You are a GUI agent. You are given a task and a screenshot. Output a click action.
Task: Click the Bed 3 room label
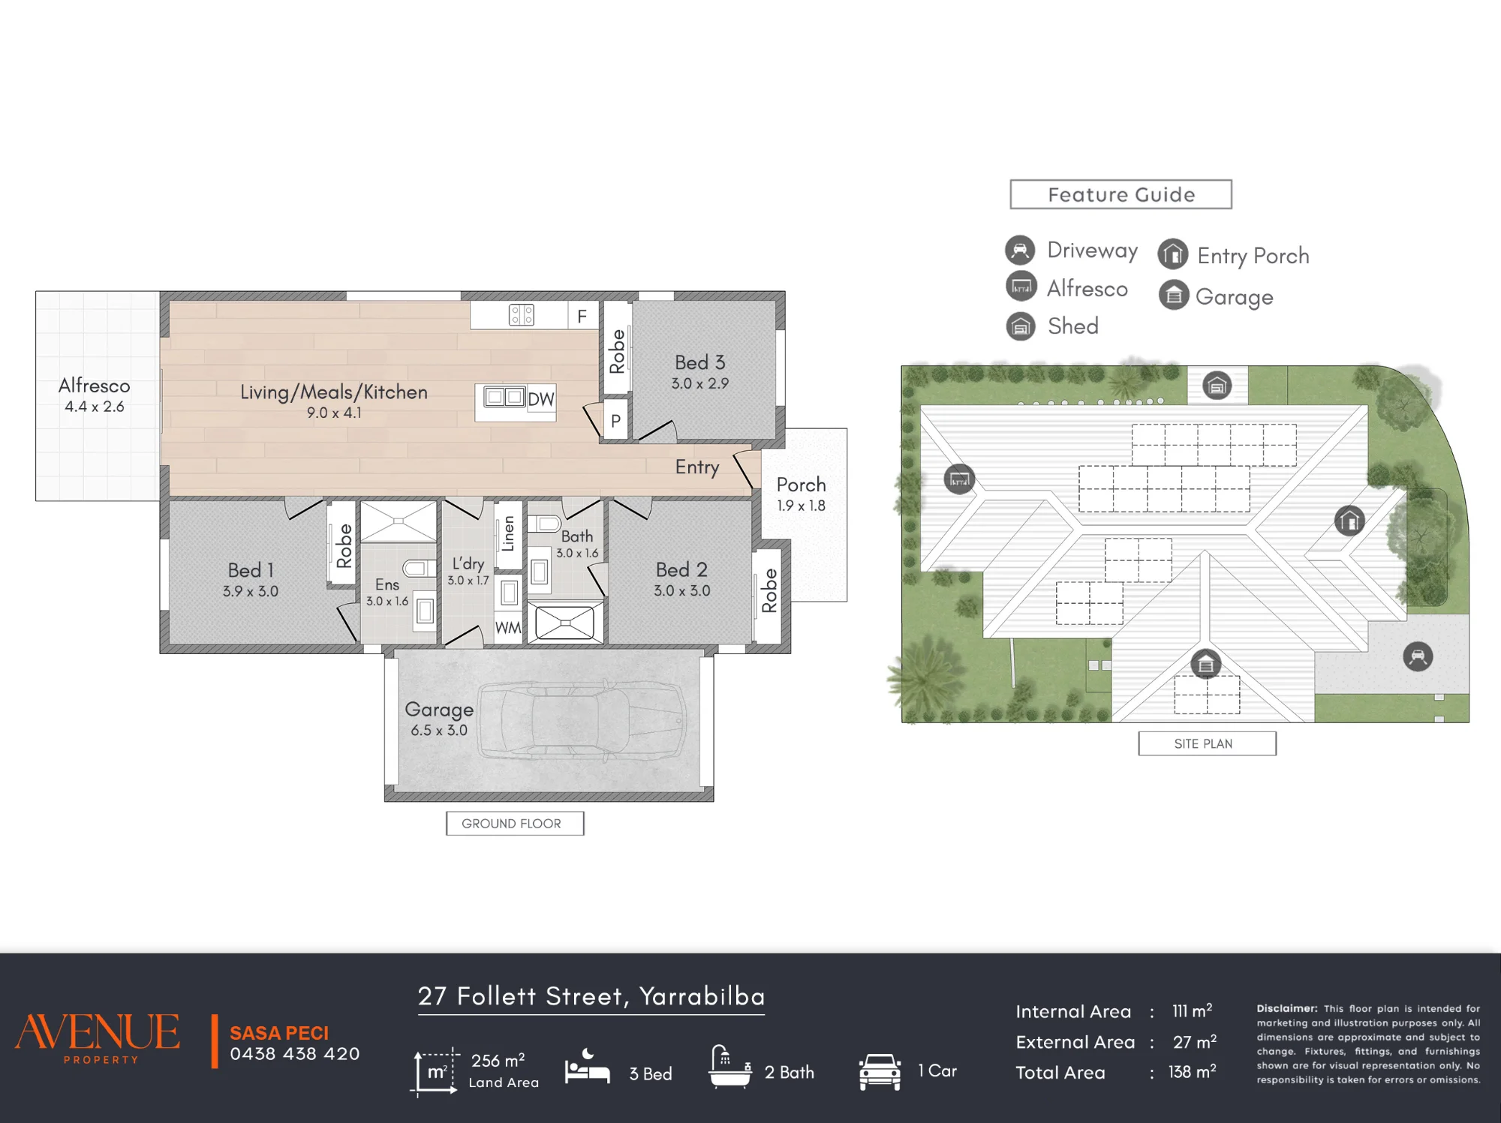pyautogui.click(x=699, y=362)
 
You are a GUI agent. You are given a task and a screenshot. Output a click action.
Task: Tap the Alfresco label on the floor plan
pyautogui.click(x=94, y=386)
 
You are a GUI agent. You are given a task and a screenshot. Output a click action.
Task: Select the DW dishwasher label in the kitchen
pyautogui.click(x=540, y=399)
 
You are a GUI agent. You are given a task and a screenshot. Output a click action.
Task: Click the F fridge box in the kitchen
pyautogui.click(x=582, y=317)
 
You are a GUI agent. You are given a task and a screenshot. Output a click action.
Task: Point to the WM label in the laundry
pyautogui.click(x=508, y=628)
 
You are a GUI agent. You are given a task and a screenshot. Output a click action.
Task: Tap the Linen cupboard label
pyautogui.click(x=508, y=533)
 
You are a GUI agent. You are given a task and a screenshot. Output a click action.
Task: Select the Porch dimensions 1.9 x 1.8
pyautogui.click(x=801, y=506)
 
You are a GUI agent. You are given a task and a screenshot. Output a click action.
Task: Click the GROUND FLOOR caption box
pyautogui.click(x=515, y=823)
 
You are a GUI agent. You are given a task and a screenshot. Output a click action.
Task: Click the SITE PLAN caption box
pyautogui.click(x=1207, y=743)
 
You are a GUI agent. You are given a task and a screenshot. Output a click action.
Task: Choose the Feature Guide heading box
pyautogui.click(x=1120, y=194)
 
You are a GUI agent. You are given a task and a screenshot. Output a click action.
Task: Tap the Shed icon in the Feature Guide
pyautogui.click(x=1021, y=326)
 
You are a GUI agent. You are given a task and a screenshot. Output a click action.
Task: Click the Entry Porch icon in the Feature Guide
pyautogui.click(x=1173, y=254)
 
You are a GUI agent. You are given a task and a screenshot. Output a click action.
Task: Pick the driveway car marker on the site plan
pyautogui.click(x=1418, y=656)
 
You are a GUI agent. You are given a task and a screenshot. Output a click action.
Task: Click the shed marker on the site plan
pyautogui.click(x=1217, y=386)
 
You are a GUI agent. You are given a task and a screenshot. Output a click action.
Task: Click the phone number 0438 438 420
pyautogui.click(x=295, y=1054)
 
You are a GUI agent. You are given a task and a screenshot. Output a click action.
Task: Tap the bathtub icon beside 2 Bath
pyautogui.click(x=729, y=1067)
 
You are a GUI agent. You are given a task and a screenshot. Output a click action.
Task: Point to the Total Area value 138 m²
pyautogui.click(x=1192, y=1072)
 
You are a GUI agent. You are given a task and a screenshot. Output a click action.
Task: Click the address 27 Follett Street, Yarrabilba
pyautogui.click(x=591, y=996)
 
